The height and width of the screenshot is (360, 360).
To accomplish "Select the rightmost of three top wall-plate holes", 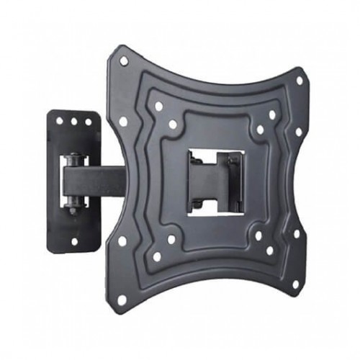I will tap(88, 122).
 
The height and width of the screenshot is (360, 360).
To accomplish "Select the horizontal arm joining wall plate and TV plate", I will tap(101, 180).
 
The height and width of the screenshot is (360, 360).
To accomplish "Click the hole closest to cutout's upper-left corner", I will tap(174, 125).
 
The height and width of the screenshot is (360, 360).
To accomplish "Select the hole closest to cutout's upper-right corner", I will tap(260, 130).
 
